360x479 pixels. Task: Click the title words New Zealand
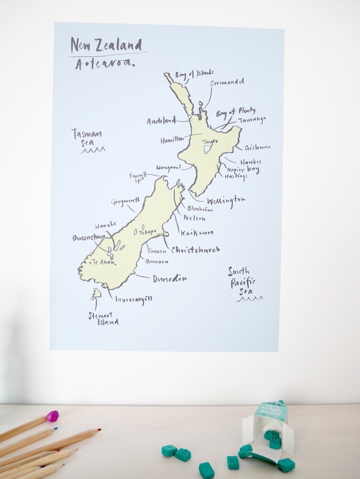[x=106, y=45]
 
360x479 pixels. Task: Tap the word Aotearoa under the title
[x=104, y=64]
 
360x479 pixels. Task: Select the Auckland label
[x=161, y=121]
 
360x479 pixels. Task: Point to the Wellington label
[x=226, y=200]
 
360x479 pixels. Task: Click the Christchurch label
[x=195, y=250]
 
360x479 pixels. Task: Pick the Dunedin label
[x=169, y=279]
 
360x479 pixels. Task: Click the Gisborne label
[x=257, y=147]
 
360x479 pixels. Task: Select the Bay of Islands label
[x=194, y=74]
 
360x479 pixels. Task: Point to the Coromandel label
[x=227, y=82]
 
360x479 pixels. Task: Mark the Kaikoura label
[x=197, y=232]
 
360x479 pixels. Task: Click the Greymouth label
[x=125, y=202]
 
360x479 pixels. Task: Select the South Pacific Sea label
[x=242, y=281]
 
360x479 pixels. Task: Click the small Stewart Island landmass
[x=96, y=294]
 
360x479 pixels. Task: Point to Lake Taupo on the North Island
[x=206, y=150]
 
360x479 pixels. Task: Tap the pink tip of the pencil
[x=52, y=416]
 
